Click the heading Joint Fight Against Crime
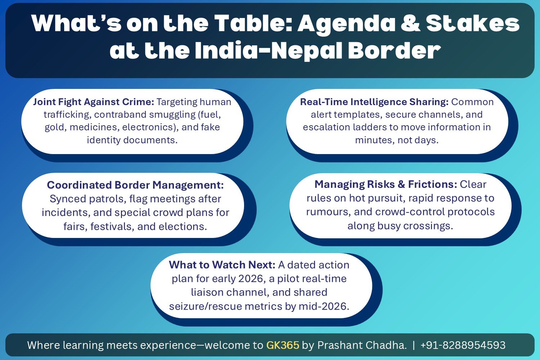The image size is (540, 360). [94, 102]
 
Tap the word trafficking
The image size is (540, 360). [67, 114]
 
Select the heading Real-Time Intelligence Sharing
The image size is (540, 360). [374, 102]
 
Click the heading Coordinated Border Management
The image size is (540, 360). [135, 185]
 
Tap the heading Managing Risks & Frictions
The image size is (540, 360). [386, 184]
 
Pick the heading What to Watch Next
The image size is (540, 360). [222, 265]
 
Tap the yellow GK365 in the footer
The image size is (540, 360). [283, 345]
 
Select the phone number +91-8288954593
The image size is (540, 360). [463, 345]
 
